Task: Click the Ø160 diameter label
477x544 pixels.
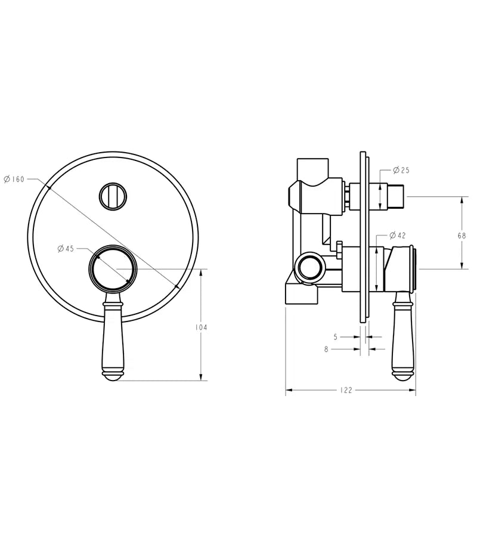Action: (14, 179)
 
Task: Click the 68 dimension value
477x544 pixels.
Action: (462, 236)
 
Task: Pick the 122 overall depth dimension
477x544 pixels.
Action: (346, 391)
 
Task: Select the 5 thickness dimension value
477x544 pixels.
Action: (336, 337)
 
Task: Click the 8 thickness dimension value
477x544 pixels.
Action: (327, 350)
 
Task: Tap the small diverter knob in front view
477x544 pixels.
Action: (113, 196)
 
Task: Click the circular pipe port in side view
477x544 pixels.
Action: (309, 267)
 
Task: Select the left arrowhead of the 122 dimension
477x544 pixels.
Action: (289, 391)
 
